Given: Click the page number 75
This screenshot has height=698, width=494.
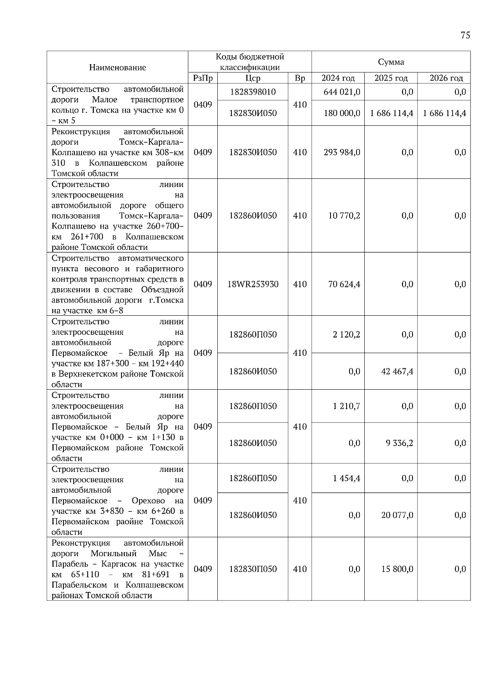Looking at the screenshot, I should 465,35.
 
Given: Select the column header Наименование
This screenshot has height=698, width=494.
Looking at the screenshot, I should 117,67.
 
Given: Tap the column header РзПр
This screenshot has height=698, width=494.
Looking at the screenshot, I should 203,78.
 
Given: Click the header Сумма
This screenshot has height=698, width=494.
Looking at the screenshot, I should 391,62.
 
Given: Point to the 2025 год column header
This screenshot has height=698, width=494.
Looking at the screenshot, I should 391,78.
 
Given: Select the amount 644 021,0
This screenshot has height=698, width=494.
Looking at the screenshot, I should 342,92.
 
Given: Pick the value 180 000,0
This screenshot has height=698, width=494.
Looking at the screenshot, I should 342,113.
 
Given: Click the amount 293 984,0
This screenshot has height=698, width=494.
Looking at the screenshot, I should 342,153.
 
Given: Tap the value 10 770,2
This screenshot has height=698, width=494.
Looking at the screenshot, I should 344,216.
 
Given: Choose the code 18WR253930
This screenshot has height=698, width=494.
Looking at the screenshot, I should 253,284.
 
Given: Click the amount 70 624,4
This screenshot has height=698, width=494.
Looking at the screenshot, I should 344,284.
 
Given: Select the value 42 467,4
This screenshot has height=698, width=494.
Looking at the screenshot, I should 397,372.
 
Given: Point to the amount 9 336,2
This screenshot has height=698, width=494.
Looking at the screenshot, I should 399,443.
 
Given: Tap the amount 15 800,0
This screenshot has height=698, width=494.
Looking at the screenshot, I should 397,569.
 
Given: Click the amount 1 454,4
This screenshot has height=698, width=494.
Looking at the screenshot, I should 346,478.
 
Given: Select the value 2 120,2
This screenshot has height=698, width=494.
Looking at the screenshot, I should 346,335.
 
